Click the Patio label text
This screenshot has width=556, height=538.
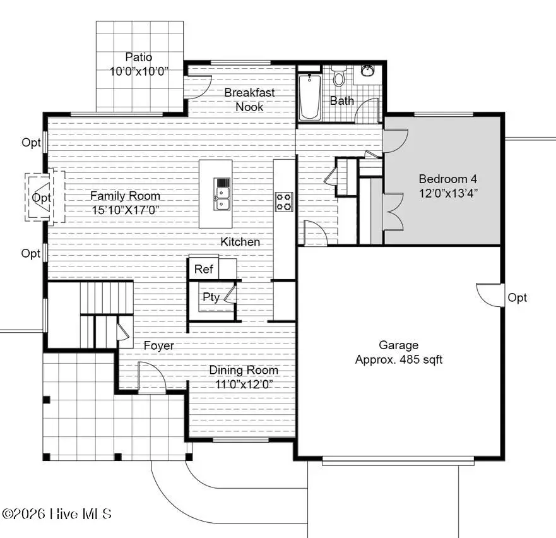tap(138, 57)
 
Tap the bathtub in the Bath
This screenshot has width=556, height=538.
tap(310, 97)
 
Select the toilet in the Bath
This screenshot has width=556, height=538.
tap(339, 76)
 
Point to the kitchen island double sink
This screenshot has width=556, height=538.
tap(223, 194)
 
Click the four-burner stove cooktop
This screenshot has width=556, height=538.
tap(284, 201)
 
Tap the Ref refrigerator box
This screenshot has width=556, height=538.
tap(203, 269)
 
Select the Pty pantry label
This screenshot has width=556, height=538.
tap(211, 297)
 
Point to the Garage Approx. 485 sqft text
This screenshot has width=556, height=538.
tap(398, 359)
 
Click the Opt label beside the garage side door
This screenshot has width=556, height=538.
tap(517, 297)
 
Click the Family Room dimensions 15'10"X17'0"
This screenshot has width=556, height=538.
tap(124, 210)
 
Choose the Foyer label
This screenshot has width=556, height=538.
tap(158, 345)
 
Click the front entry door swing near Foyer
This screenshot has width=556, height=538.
tap(151, 380)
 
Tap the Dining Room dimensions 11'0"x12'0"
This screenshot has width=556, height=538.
tap(244, 384)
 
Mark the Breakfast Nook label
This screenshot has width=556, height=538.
tap(249, 100)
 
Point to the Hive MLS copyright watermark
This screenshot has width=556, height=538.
tap(56, 514)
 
